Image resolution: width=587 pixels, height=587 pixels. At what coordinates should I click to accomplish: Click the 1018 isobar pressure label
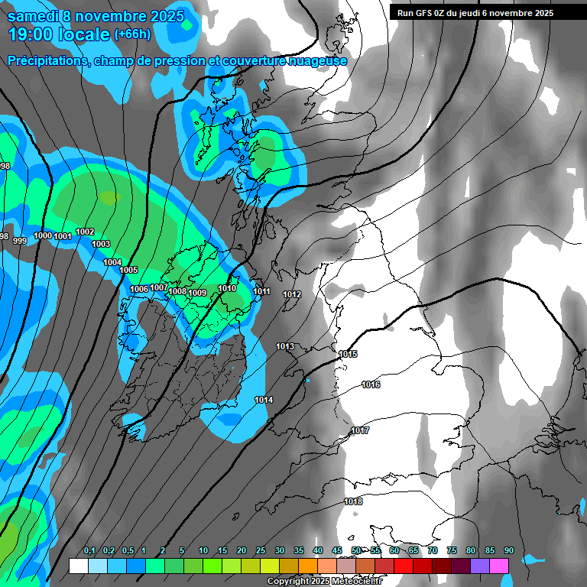pyautogui.click(x=353, y=501)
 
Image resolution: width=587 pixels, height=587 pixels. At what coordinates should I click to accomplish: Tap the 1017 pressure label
pyautogui.click(x=360, y=431)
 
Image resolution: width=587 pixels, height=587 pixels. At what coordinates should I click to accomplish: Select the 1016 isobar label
pyautogui.click(x=371, y=384)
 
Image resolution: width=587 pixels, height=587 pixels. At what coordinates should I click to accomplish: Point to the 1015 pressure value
pyautogui.click(x=348, y=354)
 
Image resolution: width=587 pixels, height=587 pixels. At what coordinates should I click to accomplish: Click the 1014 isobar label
pyautogui.click(x=264, y=400)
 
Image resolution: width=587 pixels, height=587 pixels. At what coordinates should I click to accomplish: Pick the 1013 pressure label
pyautogui.click(x=285, y=346)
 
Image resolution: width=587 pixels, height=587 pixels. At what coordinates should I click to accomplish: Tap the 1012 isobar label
pyautogui.click(x=292, y=294)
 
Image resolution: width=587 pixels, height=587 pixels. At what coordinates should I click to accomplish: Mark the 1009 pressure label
pyautogui.click(x=197, y=293)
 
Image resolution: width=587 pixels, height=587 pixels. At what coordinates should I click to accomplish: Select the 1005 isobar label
pyautogui.click(x=128, y=270)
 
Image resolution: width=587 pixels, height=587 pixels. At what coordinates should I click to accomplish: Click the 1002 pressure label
pyautogui.click(x=85, y=232)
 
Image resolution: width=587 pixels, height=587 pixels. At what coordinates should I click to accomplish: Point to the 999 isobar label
pyautogui.click(x=20, y=241)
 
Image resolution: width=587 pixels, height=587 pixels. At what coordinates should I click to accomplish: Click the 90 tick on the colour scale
pyautogui.click(x=509, y=550)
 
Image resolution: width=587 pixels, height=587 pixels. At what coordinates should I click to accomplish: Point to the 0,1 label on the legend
pyautogui.click(x=89, y=550)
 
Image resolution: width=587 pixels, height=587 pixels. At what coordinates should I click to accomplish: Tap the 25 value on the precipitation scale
pyautogui.click(x=261, y=550)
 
